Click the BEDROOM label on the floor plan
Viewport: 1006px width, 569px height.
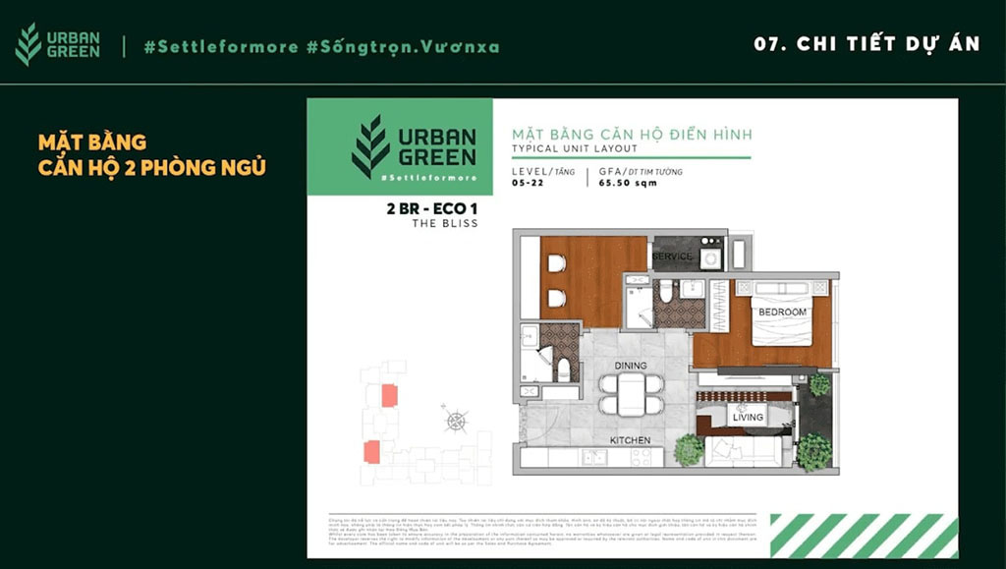pyautogui.click(x=782, y=313)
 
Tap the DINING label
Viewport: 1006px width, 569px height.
pyautogui.click(x=630, y=366)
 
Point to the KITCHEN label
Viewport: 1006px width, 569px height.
pyautogui.click(x=630, y=440)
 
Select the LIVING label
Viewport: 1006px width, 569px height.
pyautogui.click(x=748, y=418)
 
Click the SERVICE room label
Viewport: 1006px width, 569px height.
pyautogui.click(x=673, y=256)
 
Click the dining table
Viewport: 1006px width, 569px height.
pyautogui.click(x=631, y=393)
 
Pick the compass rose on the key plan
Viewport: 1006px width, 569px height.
pyautogui.click(x=456, y=421)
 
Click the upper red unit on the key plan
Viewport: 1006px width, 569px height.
pyautogui.click(x=390, y=395)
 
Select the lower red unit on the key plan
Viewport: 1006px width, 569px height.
pyautogui.click(x=371, y=452)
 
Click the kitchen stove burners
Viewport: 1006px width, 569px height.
pyautogui.click(x=641, y=457)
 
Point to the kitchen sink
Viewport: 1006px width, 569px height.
pyautogui.click(x=594, y=457)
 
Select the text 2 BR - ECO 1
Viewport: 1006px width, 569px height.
pyautogui.click(x=431, y=208)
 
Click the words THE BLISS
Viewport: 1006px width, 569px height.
pyautogui.click(x=445, y=224)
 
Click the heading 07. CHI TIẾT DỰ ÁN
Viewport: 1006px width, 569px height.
pyautogui.click(x=866, y=44)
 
